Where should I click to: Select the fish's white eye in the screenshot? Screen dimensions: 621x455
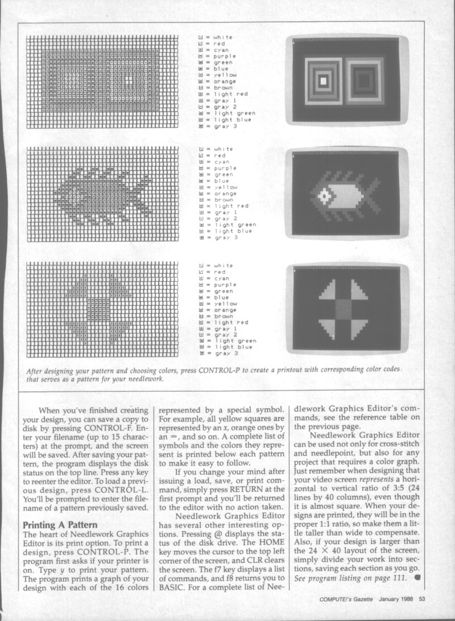point(324,196)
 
